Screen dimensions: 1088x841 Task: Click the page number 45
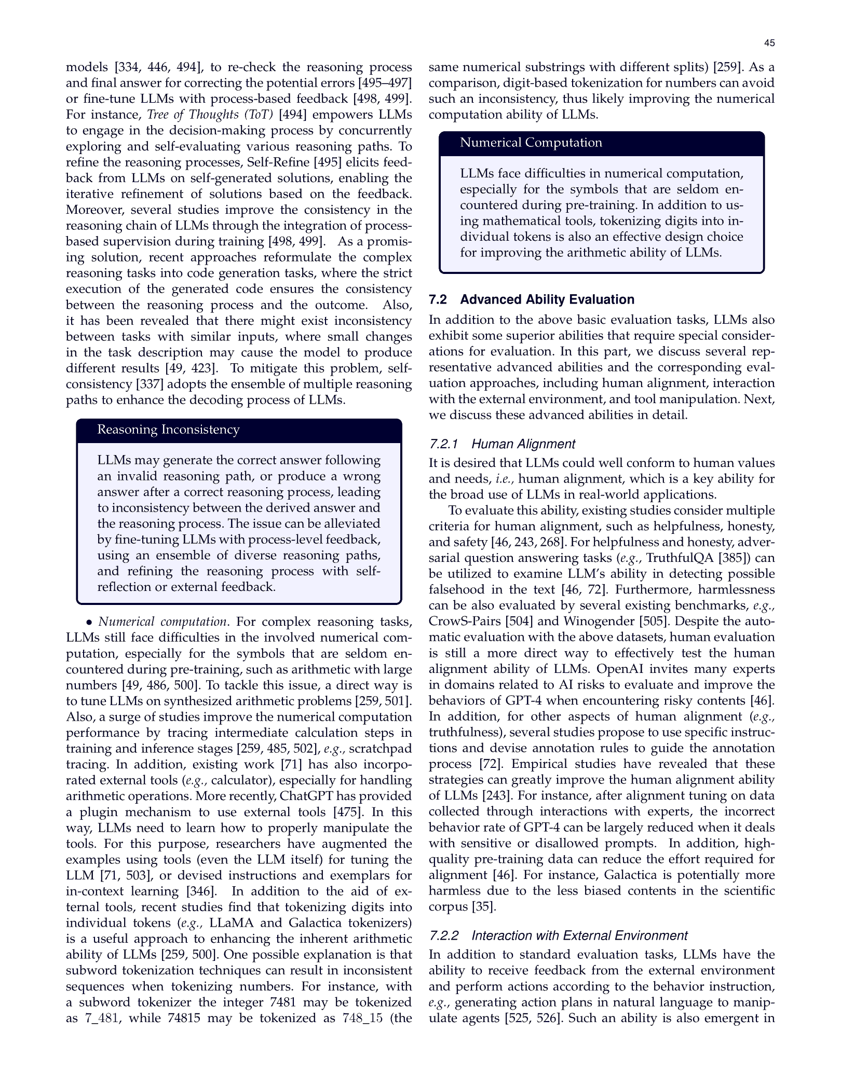click(769, 43)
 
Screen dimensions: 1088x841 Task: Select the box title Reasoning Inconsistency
click(168, 430)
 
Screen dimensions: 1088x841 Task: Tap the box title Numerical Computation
click(531, 143)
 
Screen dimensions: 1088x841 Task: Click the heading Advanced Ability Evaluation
click(547, 299)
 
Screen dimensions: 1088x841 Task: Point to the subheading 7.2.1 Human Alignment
click(502, 444)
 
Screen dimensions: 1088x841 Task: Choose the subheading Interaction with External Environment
click(579, 935)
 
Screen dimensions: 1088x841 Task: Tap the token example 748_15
click(362, 1018)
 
